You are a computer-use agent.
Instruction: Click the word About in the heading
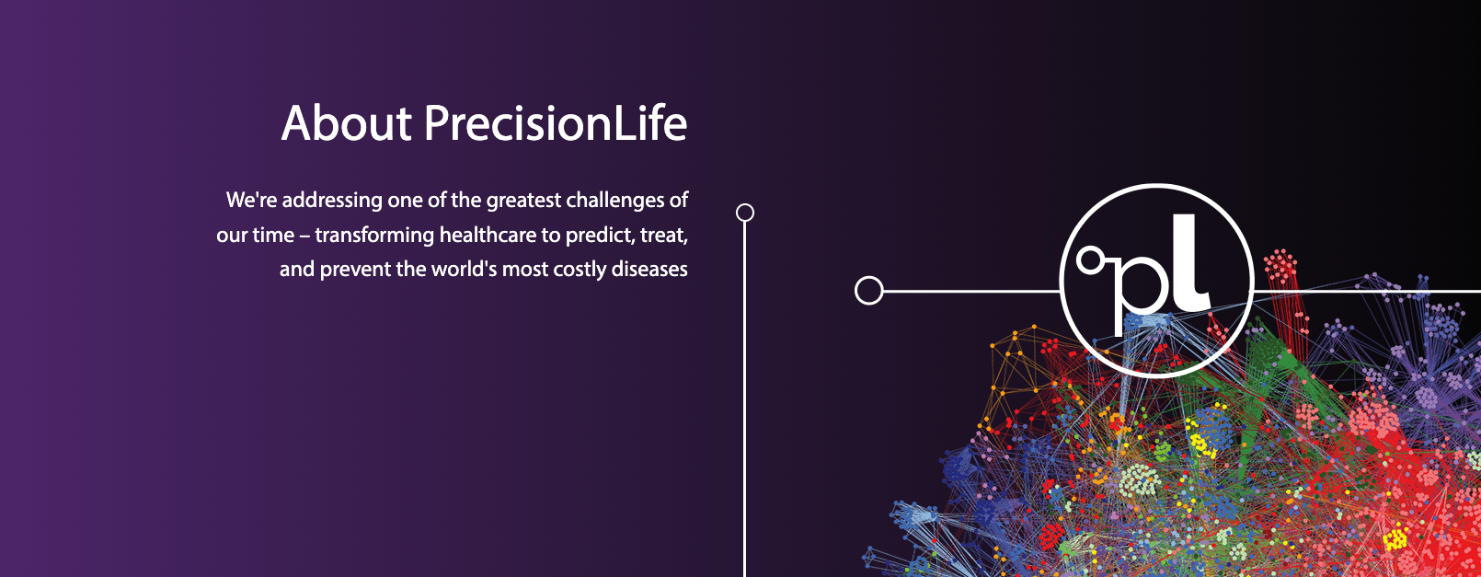(x=347, y=123)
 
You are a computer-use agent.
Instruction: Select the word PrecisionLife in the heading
(x=556, y=123)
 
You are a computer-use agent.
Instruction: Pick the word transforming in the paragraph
(x=374, y=236)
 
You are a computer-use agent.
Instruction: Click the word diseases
(x=649, y=270)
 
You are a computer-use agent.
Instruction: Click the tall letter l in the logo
(x=1190, y=262)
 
